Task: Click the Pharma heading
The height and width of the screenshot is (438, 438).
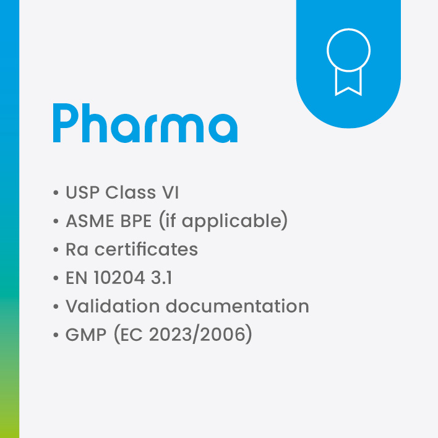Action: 145,123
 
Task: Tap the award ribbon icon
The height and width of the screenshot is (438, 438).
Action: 348,62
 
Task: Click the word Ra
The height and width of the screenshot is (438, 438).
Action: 75,249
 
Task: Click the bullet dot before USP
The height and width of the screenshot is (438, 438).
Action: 56,193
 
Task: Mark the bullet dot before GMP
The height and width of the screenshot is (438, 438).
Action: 56,335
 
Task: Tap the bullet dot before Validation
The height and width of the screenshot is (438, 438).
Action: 56,307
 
